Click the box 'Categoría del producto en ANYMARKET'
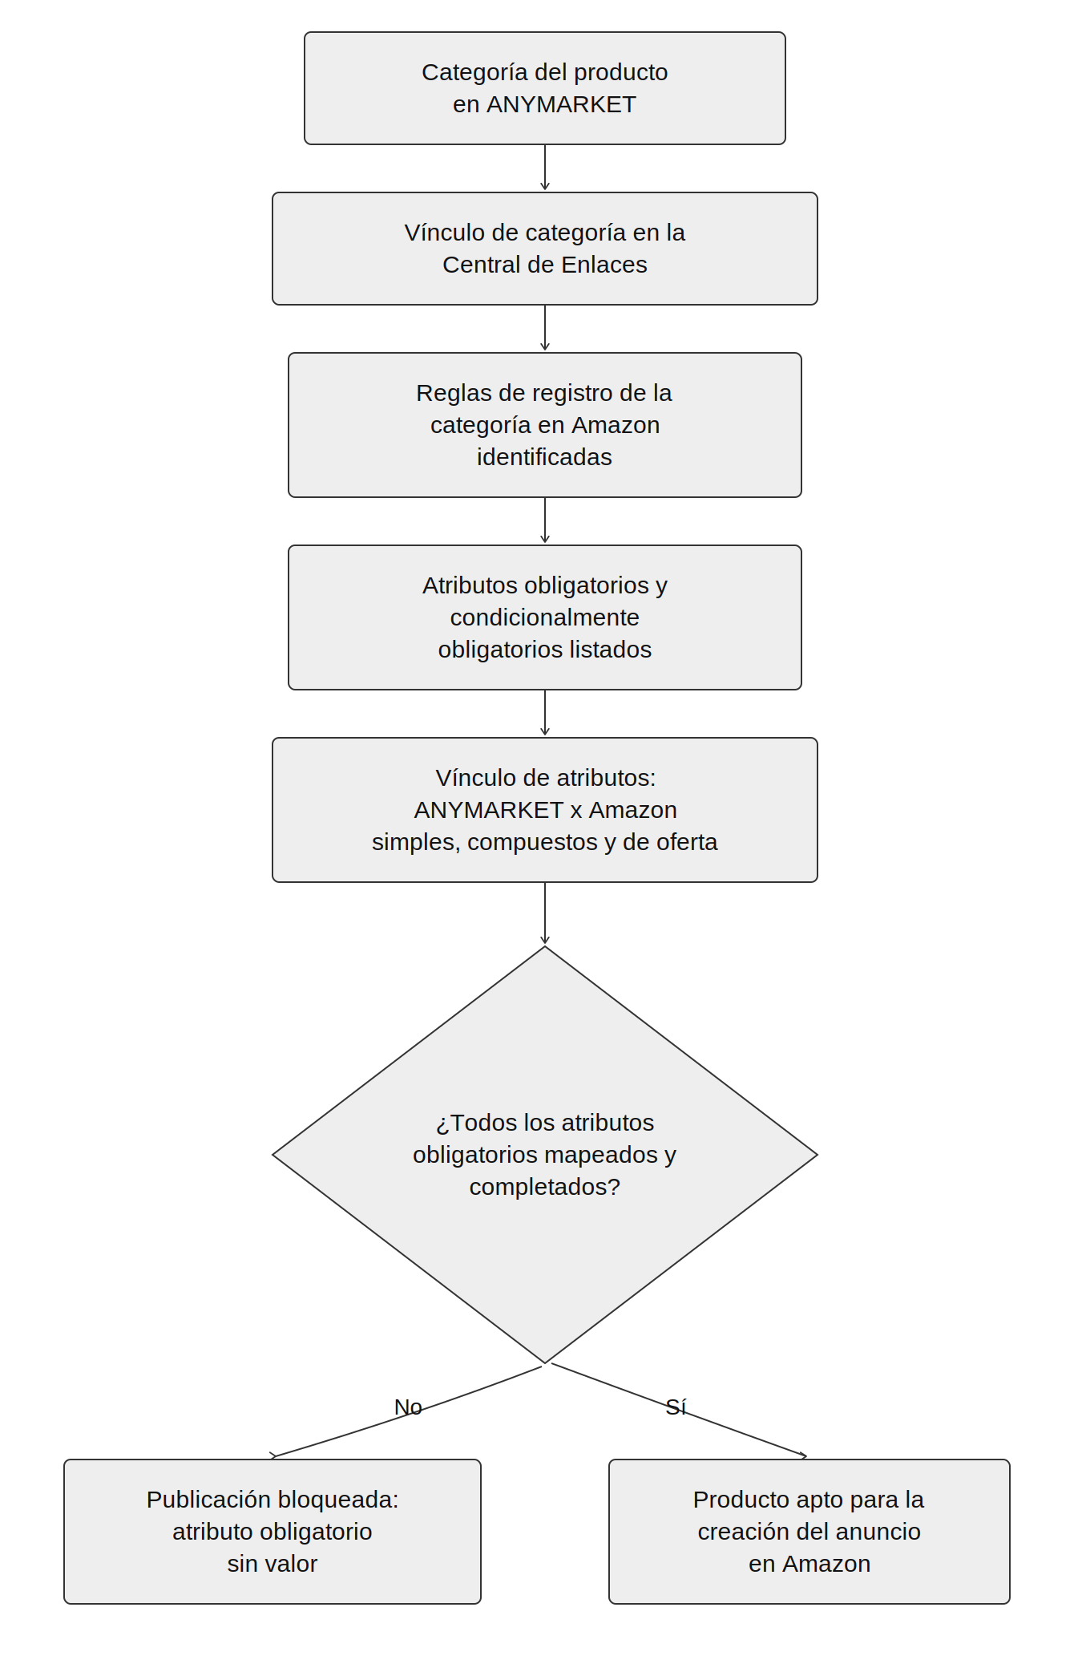pos(545,88)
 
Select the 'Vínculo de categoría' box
pos(545,249)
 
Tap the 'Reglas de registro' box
pos(545,425)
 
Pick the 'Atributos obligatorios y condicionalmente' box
pos(545,617)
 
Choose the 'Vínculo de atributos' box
pos(545,810)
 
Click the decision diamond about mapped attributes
pos(545,1155)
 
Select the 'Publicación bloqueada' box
pos(272,1532)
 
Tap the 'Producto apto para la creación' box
pos(809,1532)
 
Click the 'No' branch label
pos(408,1407)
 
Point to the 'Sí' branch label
pos(676,1407)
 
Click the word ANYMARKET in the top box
pos(561,104)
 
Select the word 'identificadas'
pos(544,457)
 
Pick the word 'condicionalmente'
pos(545,617)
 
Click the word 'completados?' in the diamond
pos(545,1187)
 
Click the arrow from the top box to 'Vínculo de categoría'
pos(545,168)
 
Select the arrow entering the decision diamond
pos(545,913)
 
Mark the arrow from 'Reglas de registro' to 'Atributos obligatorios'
pos(545,520)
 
